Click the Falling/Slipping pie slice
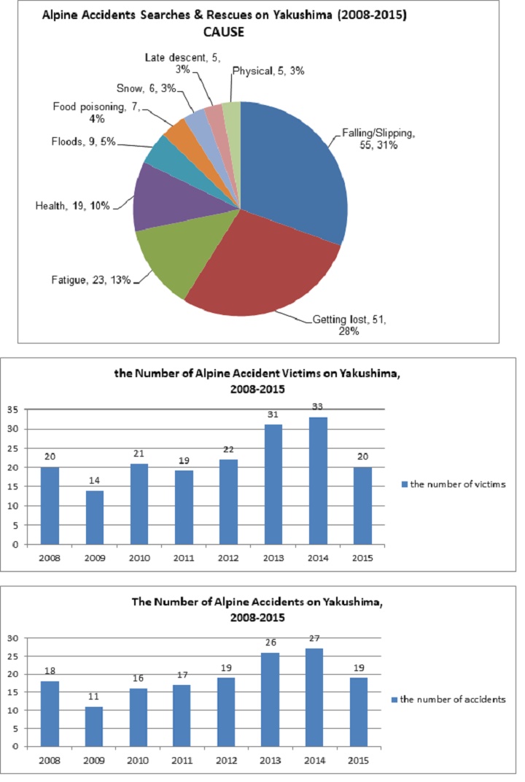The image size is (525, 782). click(x=292, y=168)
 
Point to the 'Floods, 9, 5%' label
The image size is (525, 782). click(x=83, y=142)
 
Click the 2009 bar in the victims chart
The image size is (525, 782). click(x=94, y=516)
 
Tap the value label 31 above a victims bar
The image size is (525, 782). click(x=273, y=415)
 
